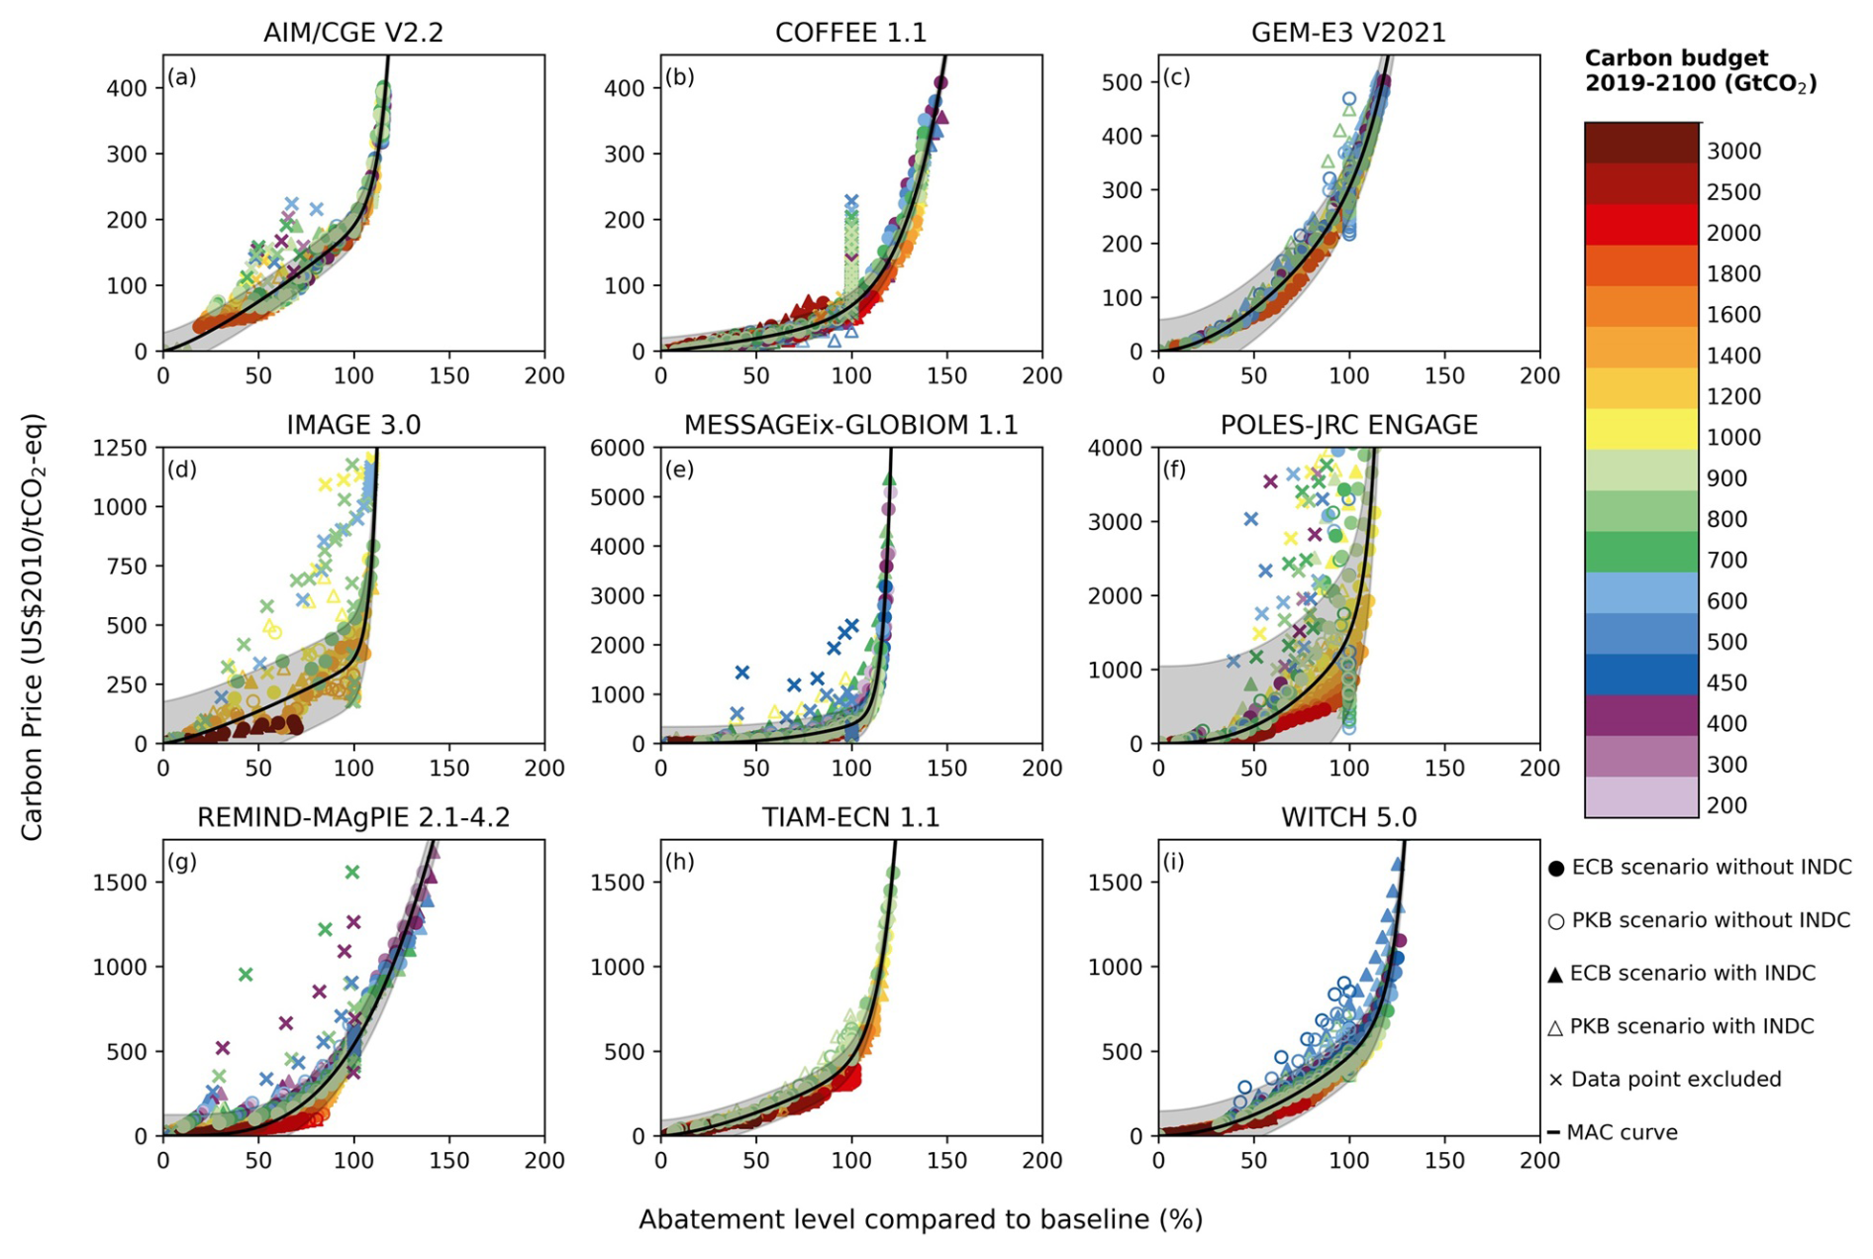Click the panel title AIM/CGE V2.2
[352, 33]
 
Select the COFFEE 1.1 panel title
[850, 33]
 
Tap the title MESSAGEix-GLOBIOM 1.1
[850, 425]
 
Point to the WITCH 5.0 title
[1348, 817]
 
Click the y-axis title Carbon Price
[33, 627]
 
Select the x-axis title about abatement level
[920, 1219]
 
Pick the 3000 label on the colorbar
[1733, 152]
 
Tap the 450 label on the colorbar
[1726, 682]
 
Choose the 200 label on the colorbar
[1726, 805]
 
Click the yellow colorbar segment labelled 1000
[1641, 430]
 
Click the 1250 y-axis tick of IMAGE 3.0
[121, 448]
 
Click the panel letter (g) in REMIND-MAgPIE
[182, 862]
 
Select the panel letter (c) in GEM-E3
[1177, 77]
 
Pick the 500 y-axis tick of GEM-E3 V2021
[1122, 82]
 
